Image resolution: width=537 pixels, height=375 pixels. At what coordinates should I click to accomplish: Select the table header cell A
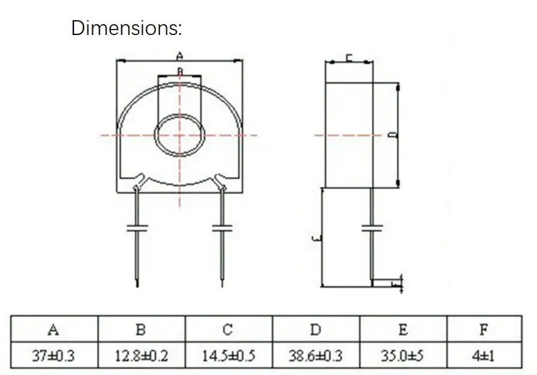[x=53, y=329]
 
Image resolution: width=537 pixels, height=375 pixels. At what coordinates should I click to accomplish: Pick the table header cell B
[x=141, y=329]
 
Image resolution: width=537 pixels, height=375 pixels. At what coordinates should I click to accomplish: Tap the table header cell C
[x=228, y=329]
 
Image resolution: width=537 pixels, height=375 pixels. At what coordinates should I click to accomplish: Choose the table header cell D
[x=316, y=329]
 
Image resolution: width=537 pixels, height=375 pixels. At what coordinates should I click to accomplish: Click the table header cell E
[x=403, y=329]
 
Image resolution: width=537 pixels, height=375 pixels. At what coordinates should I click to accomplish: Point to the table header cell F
[x=483, y=329]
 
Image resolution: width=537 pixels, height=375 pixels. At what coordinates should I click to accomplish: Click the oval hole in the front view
[x=180, y=135]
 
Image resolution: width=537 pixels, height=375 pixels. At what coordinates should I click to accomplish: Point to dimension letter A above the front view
[x=180, y=55]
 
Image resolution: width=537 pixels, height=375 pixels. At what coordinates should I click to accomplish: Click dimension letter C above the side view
[x=350, y=58]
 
